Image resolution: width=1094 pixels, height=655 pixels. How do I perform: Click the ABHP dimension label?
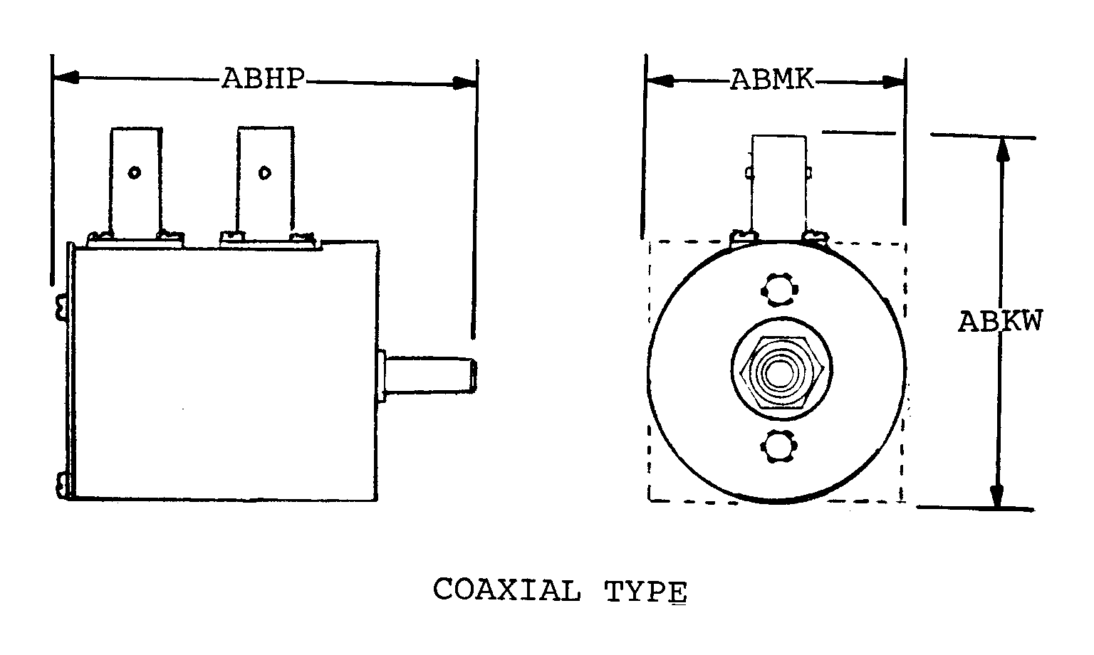point(264,78)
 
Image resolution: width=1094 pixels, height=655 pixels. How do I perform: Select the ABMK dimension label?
point(772,80)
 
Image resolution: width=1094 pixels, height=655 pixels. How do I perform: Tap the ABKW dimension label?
point(1000,321)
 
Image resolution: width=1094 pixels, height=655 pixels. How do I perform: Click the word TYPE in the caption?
point(646,592)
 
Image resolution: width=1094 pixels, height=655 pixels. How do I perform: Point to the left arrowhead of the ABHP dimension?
point(66,77)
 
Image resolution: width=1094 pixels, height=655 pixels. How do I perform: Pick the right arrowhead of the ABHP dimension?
point(464,83)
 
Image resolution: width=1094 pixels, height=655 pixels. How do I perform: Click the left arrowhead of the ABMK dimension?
point(660,81)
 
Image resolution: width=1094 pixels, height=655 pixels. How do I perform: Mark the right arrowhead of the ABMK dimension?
point(893,83)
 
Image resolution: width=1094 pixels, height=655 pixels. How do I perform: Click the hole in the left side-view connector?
point(135,172)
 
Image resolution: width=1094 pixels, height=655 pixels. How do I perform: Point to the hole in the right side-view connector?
point(265,173)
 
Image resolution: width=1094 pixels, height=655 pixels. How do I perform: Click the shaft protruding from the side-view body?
point(428,375)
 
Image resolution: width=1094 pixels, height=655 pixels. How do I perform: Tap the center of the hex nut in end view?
point(781,372)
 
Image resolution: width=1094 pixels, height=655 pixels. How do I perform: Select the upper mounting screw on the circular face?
point(779,290)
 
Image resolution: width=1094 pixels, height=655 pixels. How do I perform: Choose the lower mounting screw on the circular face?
point(779,446)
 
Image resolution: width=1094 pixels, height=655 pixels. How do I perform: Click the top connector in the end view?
point(779,188)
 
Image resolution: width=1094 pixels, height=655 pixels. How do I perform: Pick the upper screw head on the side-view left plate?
point(61,307)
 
